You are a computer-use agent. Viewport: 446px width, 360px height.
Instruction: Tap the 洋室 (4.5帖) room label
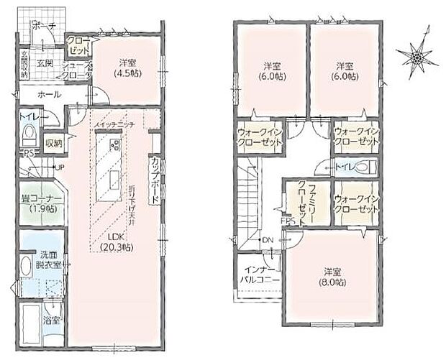[x=130, y=67]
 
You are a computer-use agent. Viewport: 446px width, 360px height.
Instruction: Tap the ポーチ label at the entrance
[x=42, y=27]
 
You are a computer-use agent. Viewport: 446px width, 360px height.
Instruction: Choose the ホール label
[x=50, y=95]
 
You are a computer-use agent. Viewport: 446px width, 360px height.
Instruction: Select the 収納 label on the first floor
[x=54, y=143]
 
